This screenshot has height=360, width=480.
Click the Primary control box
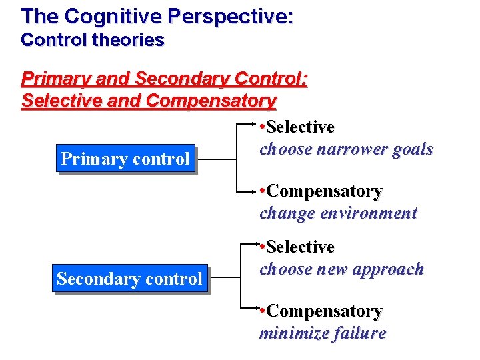[125, 159]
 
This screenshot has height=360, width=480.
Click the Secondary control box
[129, 279]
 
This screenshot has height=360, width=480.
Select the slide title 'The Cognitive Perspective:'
[157, 16]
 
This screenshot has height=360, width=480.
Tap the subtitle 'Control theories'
[92, 40]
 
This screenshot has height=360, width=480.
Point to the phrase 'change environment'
[338, 213]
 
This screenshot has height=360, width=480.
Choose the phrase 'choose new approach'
[341, 269]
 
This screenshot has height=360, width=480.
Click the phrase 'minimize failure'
[323, 333]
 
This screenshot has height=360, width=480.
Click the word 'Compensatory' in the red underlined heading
[211, 101]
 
